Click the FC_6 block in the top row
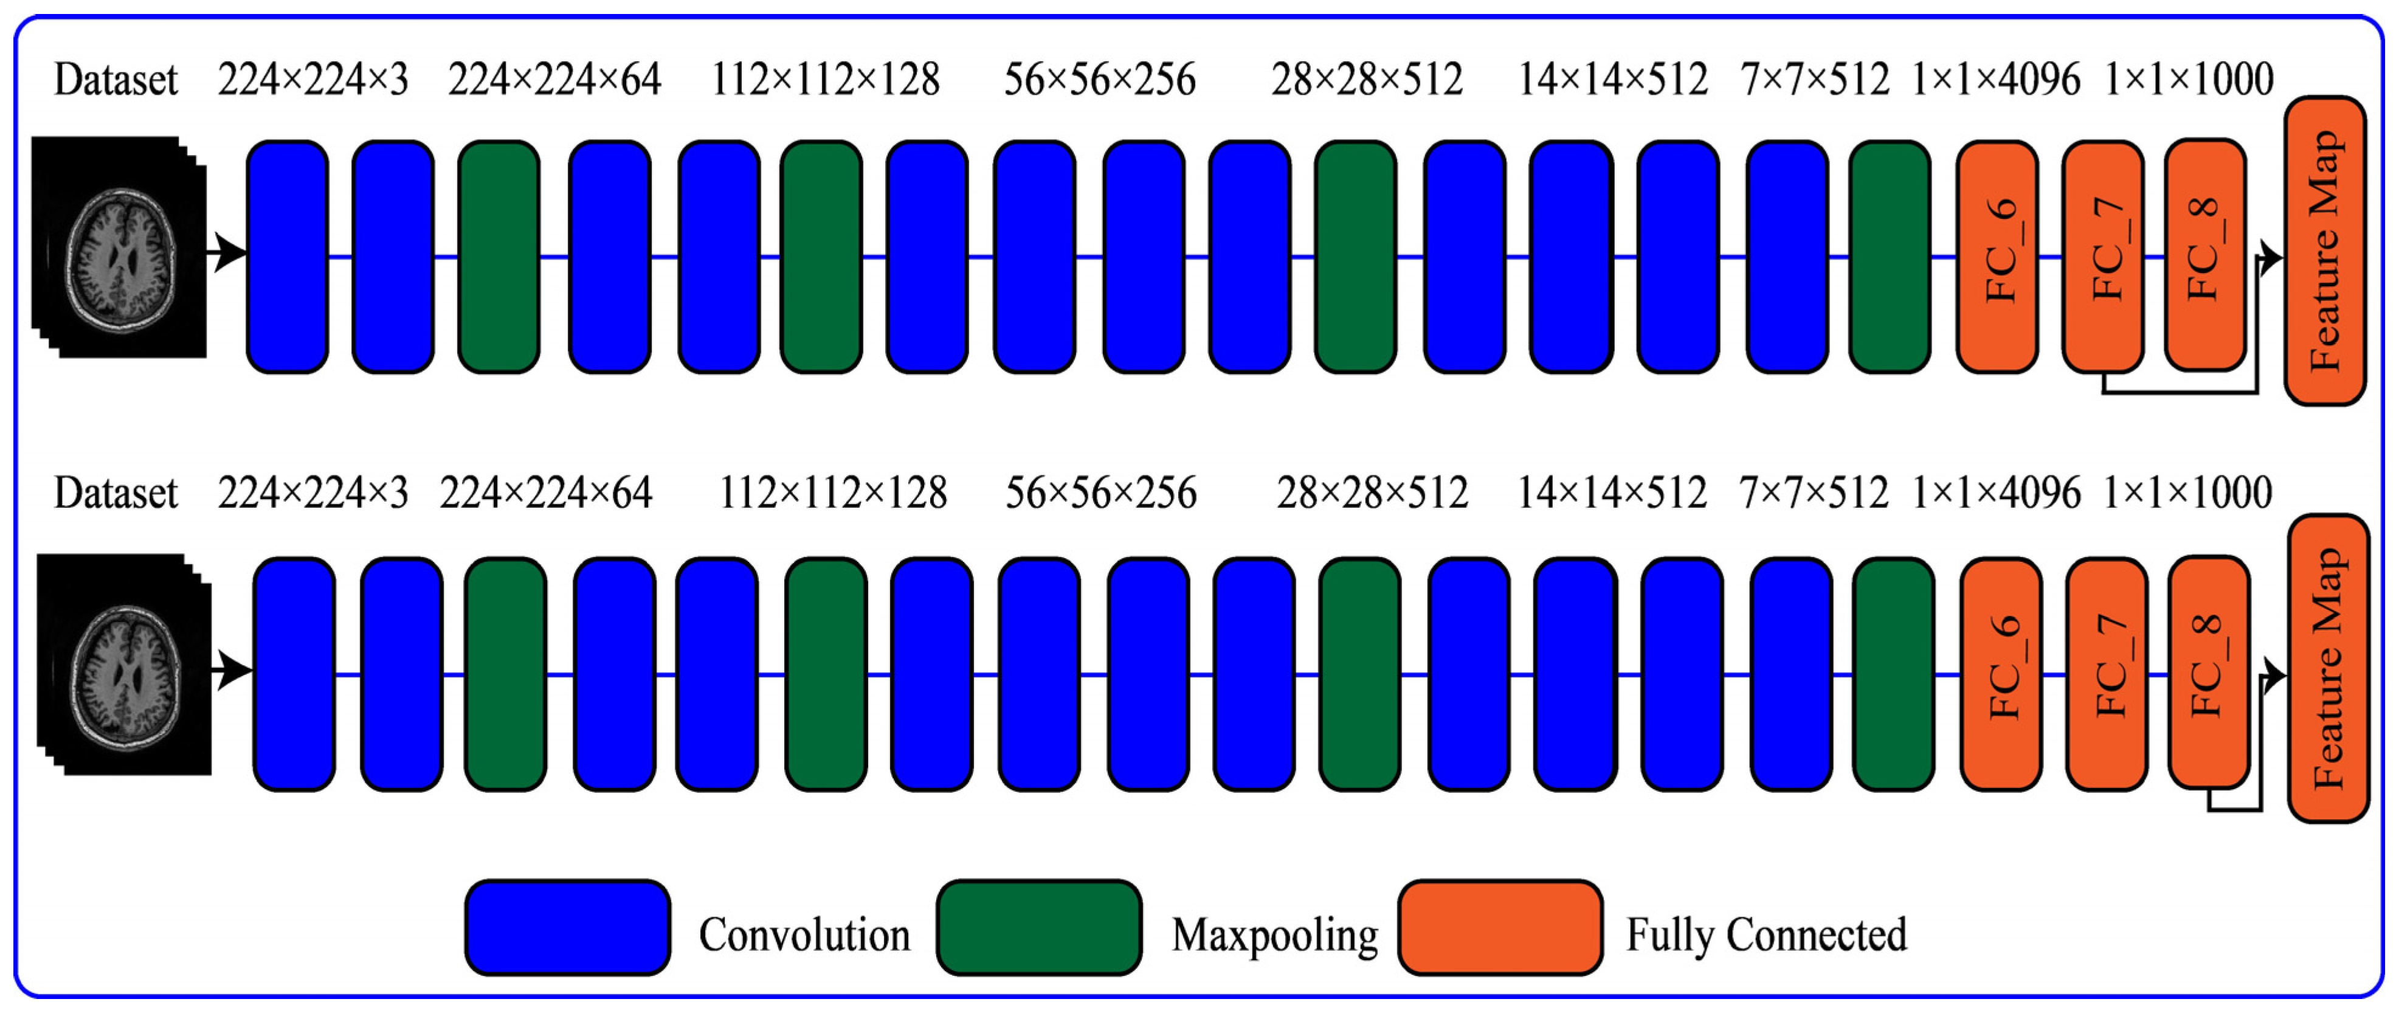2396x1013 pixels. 1997,257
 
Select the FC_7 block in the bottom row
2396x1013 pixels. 2107,674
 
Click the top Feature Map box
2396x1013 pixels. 2324,251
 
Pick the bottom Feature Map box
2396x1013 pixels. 2328,668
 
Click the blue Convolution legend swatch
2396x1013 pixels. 567,927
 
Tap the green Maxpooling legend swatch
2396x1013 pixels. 1039,927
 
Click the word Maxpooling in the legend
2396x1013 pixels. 1274,935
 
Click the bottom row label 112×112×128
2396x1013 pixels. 832,493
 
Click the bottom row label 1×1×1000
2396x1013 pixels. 2187,493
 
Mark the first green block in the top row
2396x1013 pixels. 499,257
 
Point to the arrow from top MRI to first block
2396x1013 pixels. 227,252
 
